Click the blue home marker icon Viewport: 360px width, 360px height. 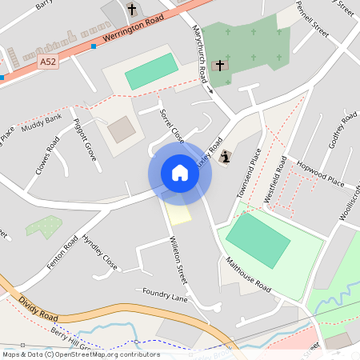pyautogui.click(x=180, y=173)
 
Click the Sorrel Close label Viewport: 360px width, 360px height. pyautogui.click(x=171, y=126)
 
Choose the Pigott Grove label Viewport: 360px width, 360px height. pyautogui.click(x=84, y=138)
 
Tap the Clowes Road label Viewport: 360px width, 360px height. pyautogui.click(x=47, y=156)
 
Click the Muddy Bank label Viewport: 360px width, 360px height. pyautogui.click(x=42, y=123)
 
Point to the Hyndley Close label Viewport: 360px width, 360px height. pyautogui.click(x=99, y=252)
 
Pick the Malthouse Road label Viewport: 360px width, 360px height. pyautogui.click(x=248, y=274)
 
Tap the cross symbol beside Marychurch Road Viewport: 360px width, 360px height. pyautogui.click(x=220, y=65)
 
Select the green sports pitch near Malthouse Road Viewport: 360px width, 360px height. pyautogui.click(x=258, y=239)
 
